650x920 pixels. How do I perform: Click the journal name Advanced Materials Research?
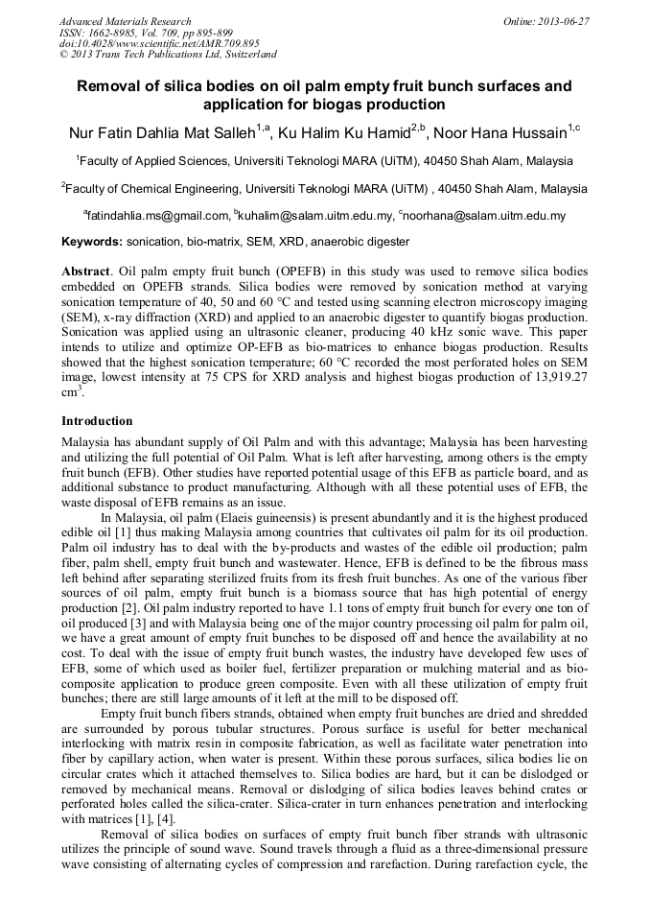pyautogui.click(x=125, y=21)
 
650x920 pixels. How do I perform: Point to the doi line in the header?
pyautogui.click(x=159, y=43)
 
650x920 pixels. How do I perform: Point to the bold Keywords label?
pyautogui.click(x=92, y=242)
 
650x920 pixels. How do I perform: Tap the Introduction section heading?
pyautogui.click(x=97, y=420)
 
